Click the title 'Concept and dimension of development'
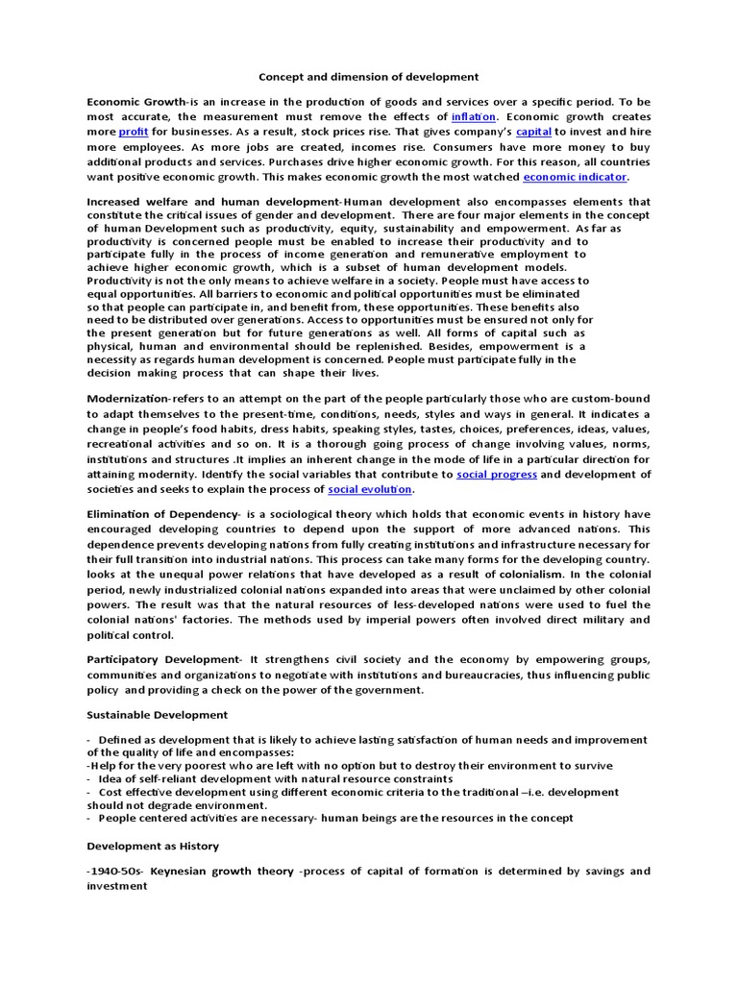click(x=369, y=76)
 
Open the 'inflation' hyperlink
click(x=473, y=115)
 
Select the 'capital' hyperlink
click(x=533, y=131)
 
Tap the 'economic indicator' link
click(x=575, y=177)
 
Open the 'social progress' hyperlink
click(x=497, y=475)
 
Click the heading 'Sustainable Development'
click(x=158, y=715)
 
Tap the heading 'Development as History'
click(x=152, y=846)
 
